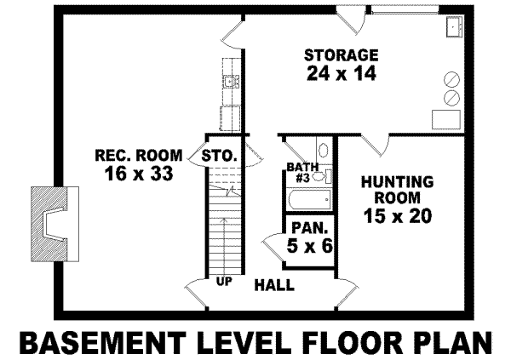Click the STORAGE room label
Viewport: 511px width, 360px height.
(342, 55)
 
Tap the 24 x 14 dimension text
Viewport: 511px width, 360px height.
(342, 73)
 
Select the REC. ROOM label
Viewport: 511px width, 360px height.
(138, 155)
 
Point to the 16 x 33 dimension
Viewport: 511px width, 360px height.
(137, 174)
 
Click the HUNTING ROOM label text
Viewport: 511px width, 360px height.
(397, 190)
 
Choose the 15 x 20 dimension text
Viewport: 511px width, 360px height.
(397, 215)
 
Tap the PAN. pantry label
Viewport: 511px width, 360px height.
(306, 228)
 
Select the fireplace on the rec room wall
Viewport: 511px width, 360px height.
(51, 225)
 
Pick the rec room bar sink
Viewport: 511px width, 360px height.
(230, 83)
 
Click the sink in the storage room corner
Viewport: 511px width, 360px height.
(453, 28)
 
